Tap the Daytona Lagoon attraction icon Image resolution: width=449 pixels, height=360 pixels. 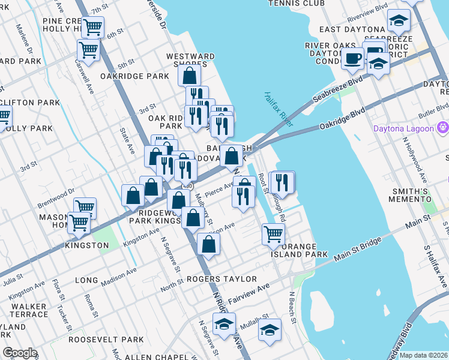[x=444, y=127]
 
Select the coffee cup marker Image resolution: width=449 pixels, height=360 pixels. [x=352, y=59]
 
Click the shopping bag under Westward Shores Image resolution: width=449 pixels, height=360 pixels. [x=190, y=76]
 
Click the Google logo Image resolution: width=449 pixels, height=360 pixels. [x=19, y=353]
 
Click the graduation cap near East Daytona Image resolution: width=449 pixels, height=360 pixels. [x=397, y=21]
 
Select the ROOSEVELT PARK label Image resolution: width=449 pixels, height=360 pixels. [x=95, y=339]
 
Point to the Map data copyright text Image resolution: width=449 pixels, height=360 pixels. [x=423, y=355]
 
